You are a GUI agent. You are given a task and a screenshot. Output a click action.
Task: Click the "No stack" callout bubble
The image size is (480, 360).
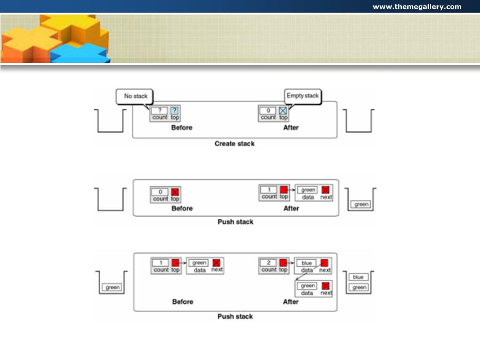[x=135, y=96]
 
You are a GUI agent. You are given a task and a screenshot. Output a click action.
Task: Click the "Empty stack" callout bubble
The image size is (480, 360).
[x=302, y=96]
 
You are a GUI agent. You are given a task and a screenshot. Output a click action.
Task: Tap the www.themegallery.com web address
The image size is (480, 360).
[x=417, y=7]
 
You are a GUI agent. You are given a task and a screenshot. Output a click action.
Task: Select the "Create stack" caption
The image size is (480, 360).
[x=234, y=143]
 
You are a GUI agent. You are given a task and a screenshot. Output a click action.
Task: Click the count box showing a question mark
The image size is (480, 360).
[x=159, y=110]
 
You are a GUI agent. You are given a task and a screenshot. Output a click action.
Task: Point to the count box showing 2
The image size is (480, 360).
[x=268, y=262]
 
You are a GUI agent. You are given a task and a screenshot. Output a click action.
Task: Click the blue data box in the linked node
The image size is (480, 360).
[x=307, y=263]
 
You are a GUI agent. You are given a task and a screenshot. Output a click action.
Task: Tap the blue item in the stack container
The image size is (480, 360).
[x=359, y=277]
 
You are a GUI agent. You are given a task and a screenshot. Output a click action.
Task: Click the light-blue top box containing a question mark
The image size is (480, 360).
[x=174, y=110]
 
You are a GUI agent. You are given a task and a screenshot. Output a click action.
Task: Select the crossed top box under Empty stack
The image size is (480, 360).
[x=283, y=111]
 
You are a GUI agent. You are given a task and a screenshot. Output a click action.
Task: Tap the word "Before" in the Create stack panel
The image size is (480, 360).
[x=182, y=127]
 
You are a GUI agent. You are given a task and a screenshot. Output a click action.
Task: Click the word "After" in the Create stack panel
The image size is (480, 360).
[x=291, y=127]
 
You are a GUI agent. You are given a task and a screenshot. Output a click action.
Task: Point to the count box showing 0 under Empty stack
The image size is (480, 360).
[x=268, y=111]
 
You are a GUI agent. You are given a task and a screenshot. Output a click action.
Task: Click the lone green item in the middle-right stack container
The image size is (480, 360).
[x=361, y=204]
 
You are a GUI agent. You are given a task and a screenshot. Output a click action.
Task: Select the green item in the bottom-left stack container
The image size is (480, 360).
[x=112, y=287]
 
